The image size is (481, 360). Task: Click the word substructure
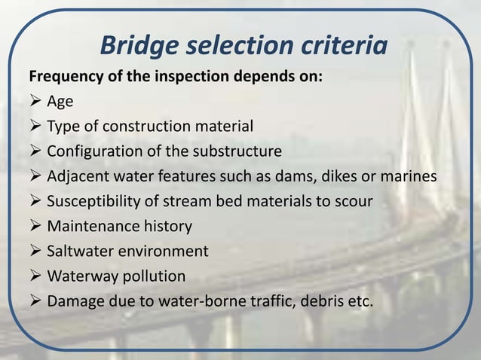point(240,151)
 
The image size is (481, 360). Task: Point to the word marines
point(406,176)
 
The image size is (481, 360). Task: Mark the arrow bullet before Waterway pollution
point(35,276)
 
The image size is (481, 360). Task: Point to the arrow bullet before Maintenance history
point(35,226)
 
